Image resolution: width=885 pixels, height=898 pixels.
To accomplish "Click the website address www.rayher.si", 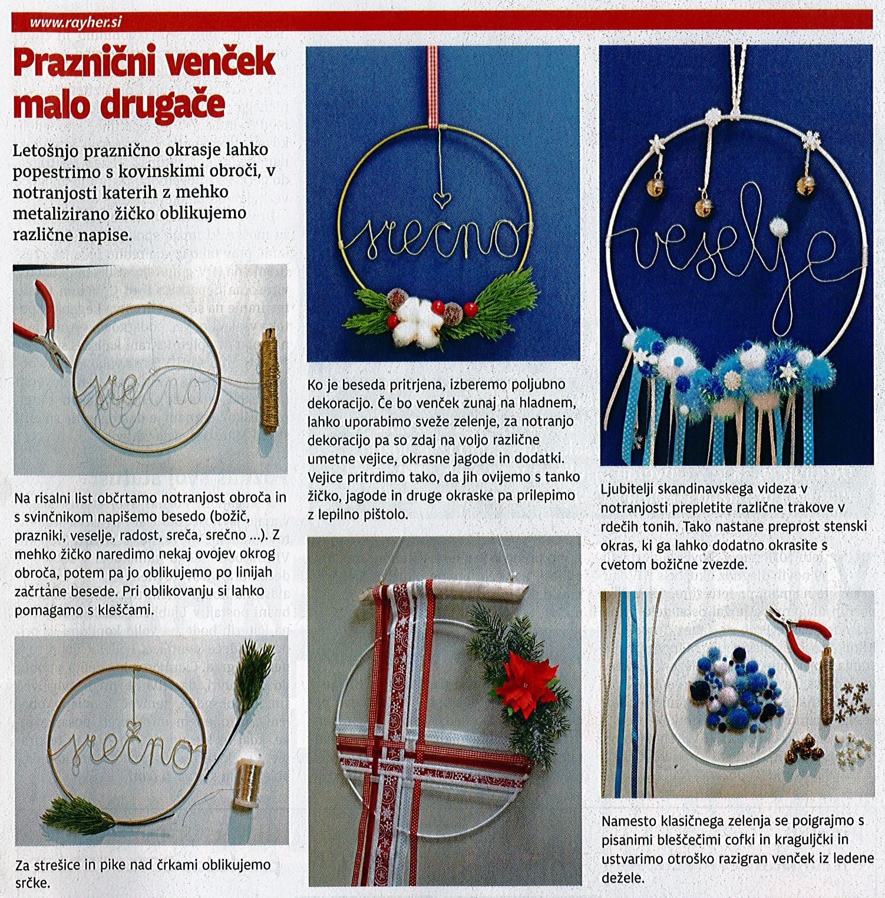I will [75, 24].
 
